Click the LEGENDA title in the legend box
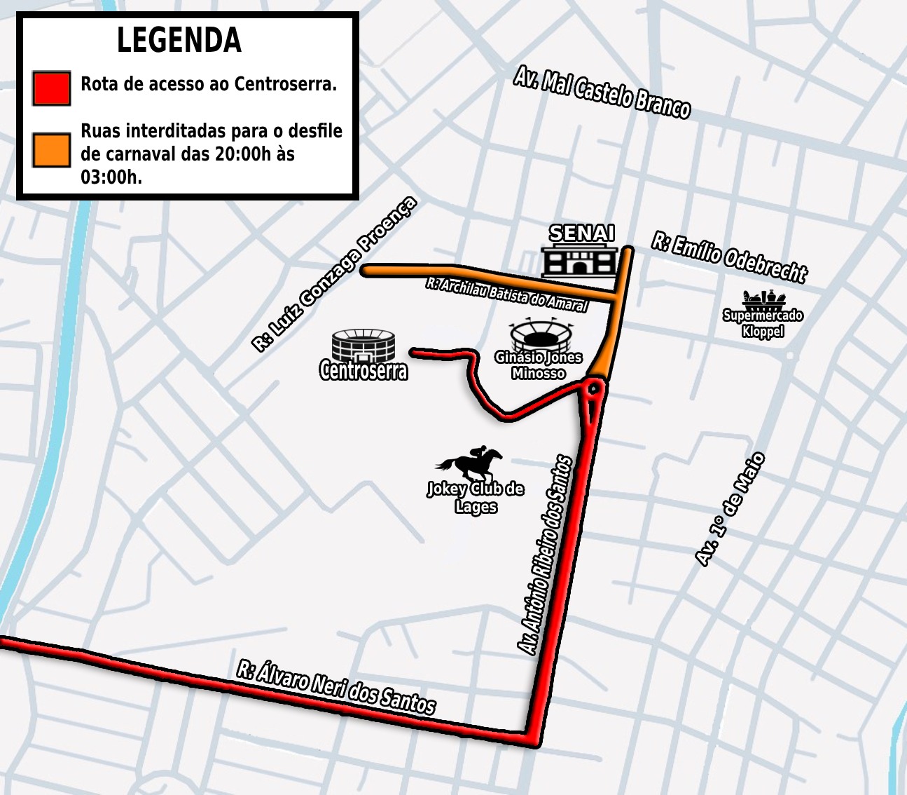click(179, 40)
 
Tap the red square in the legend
click(51, 88)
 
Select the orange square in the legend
click(51, 149)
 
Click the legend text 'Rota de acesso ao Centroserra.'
click(209, 84)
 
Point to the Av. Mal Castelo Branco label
click(602, 93)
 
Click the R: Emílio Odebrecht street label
click(729, 257)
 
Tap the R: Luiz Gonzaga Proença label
click(334, 274)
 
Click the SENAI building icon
click(580, 261)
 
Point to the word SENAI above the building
click(581, 233)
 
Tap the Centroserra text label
click(364, 370)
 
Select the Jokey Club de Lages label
click(476, 498)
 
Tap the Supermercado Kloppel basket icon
click(763, 299)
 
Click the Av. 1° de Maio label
click(730, 509)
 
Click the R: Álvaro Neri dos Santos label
click(336, 687)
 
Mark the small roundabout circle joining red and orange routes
click(594, 388)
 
